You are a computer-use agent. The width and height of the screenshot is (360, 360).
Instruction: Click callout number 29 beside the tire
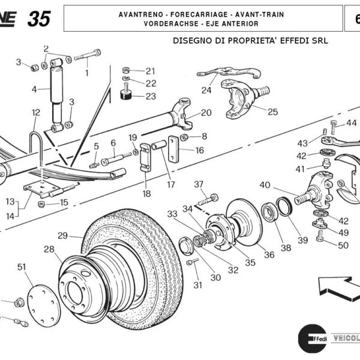pos(62,235)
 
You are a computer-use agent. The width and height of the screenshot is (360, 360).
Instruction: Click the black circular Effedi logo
pos(312,340)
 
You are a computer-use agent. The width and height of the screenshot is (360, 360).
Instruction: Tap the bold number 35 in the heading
pos(39,19)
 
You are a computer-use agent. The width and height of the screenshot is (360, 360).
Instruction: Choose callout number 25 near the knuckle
pos(273,112)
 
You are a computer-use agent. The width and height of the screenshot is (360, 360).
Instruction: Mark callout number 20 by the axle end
pos(206,113)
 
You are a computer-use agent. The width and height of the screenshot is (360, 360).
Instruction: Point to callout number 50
pos(343,245)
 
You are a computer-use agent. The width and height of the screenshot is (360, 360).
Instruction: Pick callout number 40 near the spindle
pos(265,185)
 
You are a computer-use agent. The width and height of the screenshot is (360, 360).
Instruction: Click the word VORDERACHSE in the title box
pos(171,23)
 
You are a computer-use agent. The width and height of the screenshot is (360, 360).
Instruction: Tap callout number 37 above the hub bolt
pos(199,184)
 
